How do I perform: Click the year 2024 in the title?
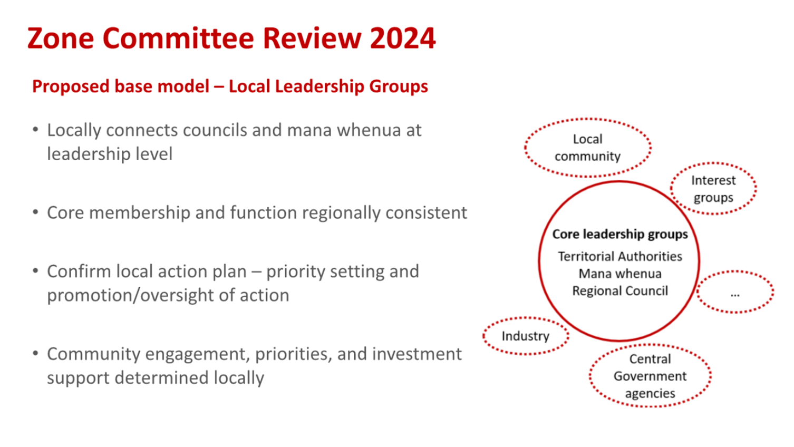coord(403,38)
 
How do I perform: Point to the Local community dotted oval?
coord(587,148)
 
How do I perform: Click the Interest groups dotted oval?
coord(713,189)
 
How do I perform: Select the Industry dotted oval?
coord(525,336)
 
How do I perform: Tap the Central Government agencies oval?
coord(650,376)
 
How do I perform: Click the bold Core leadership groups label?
coord(620,234)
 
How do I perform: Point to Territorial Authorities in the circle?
coord(620,257)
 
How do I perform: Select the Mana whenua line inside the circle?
coord(620,274)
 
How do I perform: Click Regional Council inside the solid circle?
coord(620,291)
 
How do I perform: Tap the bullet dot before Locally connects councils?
coord(35,130)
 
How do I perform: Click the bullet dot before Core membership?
coord(35,212)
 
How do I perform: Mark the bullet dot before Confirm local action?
coord(35,271)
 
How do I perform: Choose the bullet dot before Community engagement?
coord(35,354)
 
